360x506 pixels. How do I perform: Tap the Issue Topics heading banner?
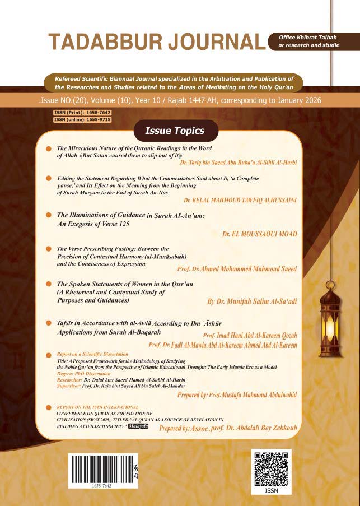[175, 131]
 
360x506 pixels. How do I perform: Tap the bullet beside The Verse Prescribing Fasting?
[50, 248]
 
